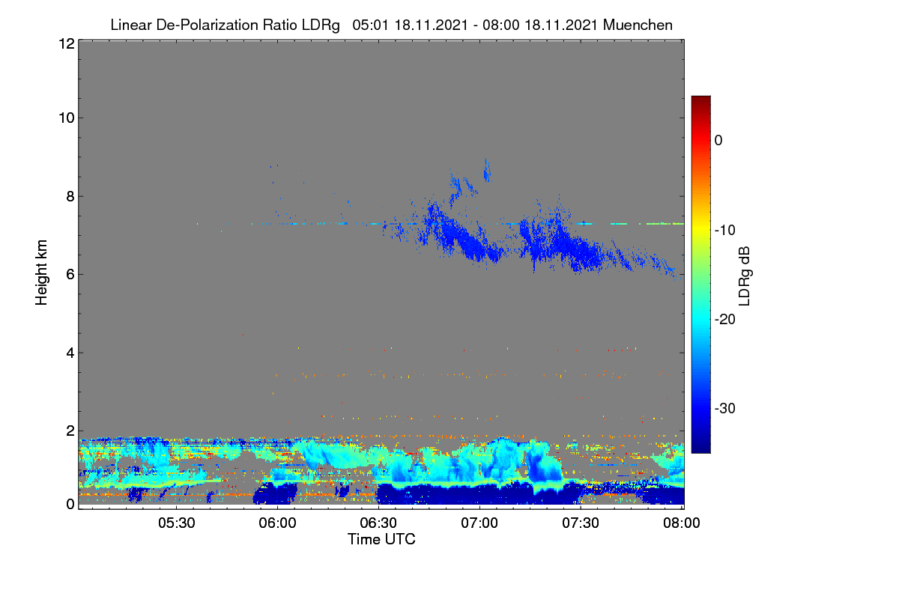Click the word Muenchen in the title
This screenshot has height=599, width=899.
(638, 25)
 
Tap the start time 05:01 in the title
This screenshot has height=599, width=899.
(370, 25)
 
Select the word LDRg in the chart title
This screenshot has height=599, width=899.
(321, 25)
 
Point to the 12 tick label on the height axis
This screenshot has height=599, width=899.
(67, 43)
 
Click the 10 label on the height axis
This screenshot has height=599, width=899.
(67, 118)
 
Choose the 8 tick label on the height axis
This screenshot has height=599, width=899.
(70, 196)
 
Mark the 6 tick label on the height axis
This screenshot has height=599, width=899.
(70, 275)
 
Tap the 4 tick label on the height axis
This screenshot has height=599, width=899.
(70, 353)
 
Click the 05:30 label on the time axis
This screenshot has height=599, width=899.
(177, 523)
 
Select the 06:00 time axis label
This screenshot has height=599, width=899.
(277, 523)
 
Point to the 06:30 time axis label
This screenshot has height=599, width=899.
(378, 523)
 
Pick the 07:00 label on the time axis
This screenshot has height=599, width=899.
(479, 523)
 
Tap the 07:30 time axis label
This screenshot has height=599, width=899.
(581, 523)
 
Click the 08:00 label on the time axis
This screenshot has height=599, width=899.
(682, 523)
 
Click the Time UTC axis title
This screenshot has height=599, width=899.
(381, 539)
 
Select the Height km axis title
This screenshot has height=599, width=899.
(41, 273)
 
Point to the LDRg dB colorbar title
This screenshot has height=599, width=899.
(745, 276)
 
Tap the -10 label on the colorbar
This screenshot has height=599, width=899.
(725, 231)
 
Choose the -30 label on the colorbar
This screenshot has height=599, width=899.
(725, 408)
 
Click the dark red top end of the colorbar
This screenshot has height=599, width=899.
(700, 99)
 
